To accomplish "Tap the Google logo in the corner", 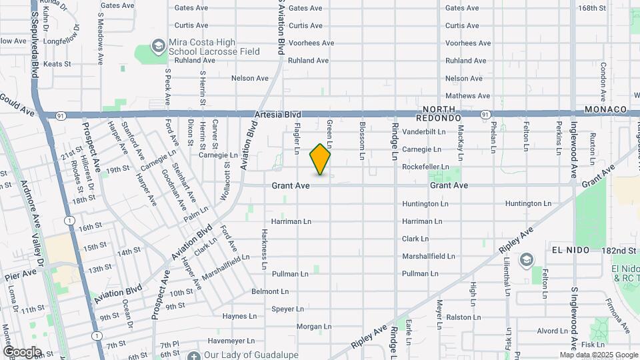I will (x=21, y=352).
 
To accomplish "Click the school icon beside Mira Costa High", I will (x=159, y=46).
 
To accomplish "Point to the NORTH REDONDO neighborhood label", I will (x=439, y=113).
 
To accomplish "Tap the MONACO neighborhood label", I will (x=605, y=109).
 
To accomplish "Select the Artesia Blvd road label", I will (x=279, y=115).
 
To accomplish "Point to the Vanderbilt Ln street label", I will (x=423, y=132).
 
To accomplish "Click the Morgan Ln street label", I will (x=300, y=327).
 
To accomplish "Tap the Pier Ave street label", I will (x=20, y=274).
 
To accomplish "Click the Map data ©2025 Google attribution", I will (x=598, y=355).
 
